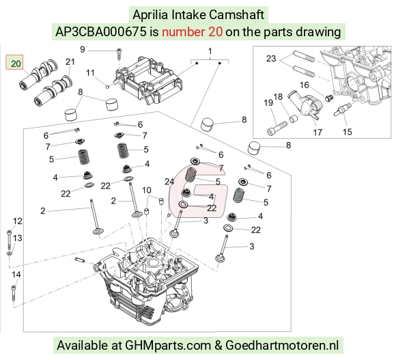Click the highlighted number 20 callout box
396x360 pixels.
pos(14,62)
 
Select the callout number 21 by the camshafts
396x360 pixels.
pos(70,62)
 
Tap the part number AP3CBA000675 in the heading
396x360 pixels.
pos(101,32)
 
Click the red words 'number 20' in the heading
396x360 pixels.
pos(192,32)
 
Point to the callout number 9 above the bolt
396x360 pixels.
pos(83,49)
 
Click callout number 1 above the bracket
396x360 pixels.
pos(210,51)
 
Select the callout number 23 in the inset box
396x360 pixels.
pos(271,59)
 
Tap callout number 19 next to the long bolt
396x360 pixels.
pos(268,102)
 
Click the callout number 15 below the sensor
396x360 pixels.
pos(348,132)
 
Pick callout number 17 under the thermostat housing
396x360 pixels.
pos(317,132)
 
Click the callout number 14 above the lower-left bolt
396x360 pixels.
pos(16,275)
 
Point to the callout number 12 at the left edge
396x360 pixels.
pos(18,221)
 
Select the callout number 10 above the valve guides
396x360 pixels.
pos(147,190)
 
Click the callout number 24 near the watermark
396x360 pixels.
pos(169,182)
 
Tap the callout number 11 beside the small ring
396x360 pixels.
pos(90,73)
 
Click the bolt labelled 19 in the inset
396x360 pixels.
pos(277,128)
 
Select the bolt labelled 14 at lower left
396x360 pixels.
pos(14,294)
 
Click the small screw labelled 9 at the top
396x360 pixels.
pos(119,55)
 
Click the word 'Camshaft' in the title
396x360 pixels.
pos(237,14)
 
